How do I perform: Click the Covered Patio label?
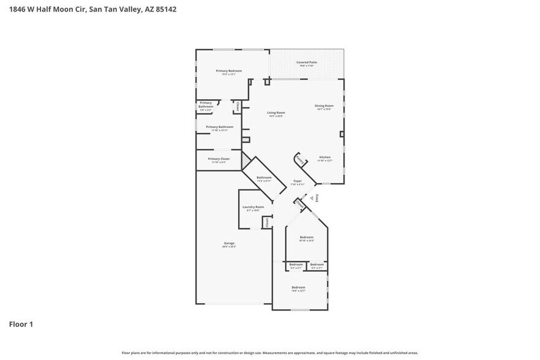coord(307,62)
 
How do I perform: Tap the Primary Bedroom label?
coord(228,71)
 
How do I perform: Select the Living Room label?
coord(276,113)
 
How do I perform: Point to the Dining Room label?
coord(324,106)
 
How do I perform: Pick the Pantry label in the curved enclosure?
coord(299,160)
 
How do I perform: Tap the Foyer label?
coord(298,181)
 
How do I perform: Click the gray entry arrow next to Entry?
coord(311,198)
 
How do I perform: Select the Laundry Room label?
coord(253,207)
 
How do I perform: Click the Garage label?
coord(229,243)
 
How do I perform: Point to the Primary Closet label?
coord(219,159)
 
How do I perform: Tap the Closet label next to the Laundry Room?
coord(267,222)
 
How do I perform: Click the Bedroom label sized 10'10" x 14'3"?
coord(306,237)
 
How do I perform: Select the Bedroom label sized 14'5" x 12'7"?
coord(298,287)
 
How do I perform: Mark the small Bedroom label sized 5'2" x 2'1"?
coord(296,264)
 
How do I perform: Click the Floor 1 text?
coord(20,324)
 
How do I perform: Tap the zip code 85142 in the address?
coord(165,10)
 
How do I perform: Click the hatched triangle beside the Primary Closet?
coord(246,160)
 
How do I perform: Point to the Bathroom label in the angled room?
coord(264,178)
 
